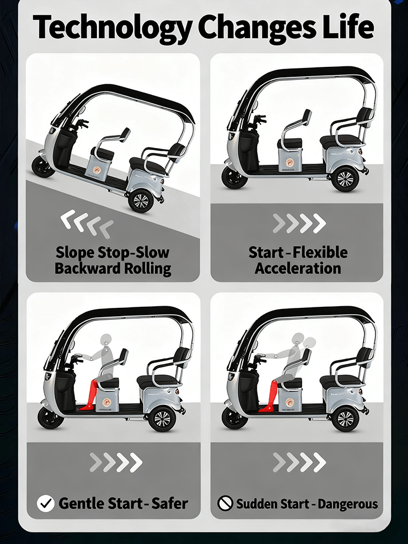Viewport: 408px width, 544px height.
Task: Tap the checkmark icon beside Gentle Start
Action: click(x=45, y=503)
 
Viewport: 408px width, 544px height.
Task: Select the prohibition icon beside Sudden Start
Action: click(x=225, y=503)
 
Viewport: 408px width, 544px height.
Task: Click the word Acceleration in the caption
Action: click(x=298, y=268)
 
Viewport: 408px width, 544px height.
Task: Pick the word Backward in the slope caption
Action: click(x=85, y=268)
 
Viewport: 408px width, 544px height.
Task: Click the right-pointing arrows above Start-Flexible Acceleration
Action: click(x=299, y=223)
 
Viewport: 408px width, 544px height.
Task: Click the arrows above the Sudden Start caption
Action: click(x=299, y=462)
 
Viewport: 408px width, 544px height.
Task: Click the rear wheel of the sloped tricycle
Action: click(x=140, y=201)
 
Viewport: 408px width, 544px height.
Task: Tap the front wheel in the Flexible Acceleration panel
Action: click(x=234, y=177)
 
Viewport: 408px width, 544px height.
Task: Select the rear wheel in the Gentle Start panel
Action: click(x=162, y=419)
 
